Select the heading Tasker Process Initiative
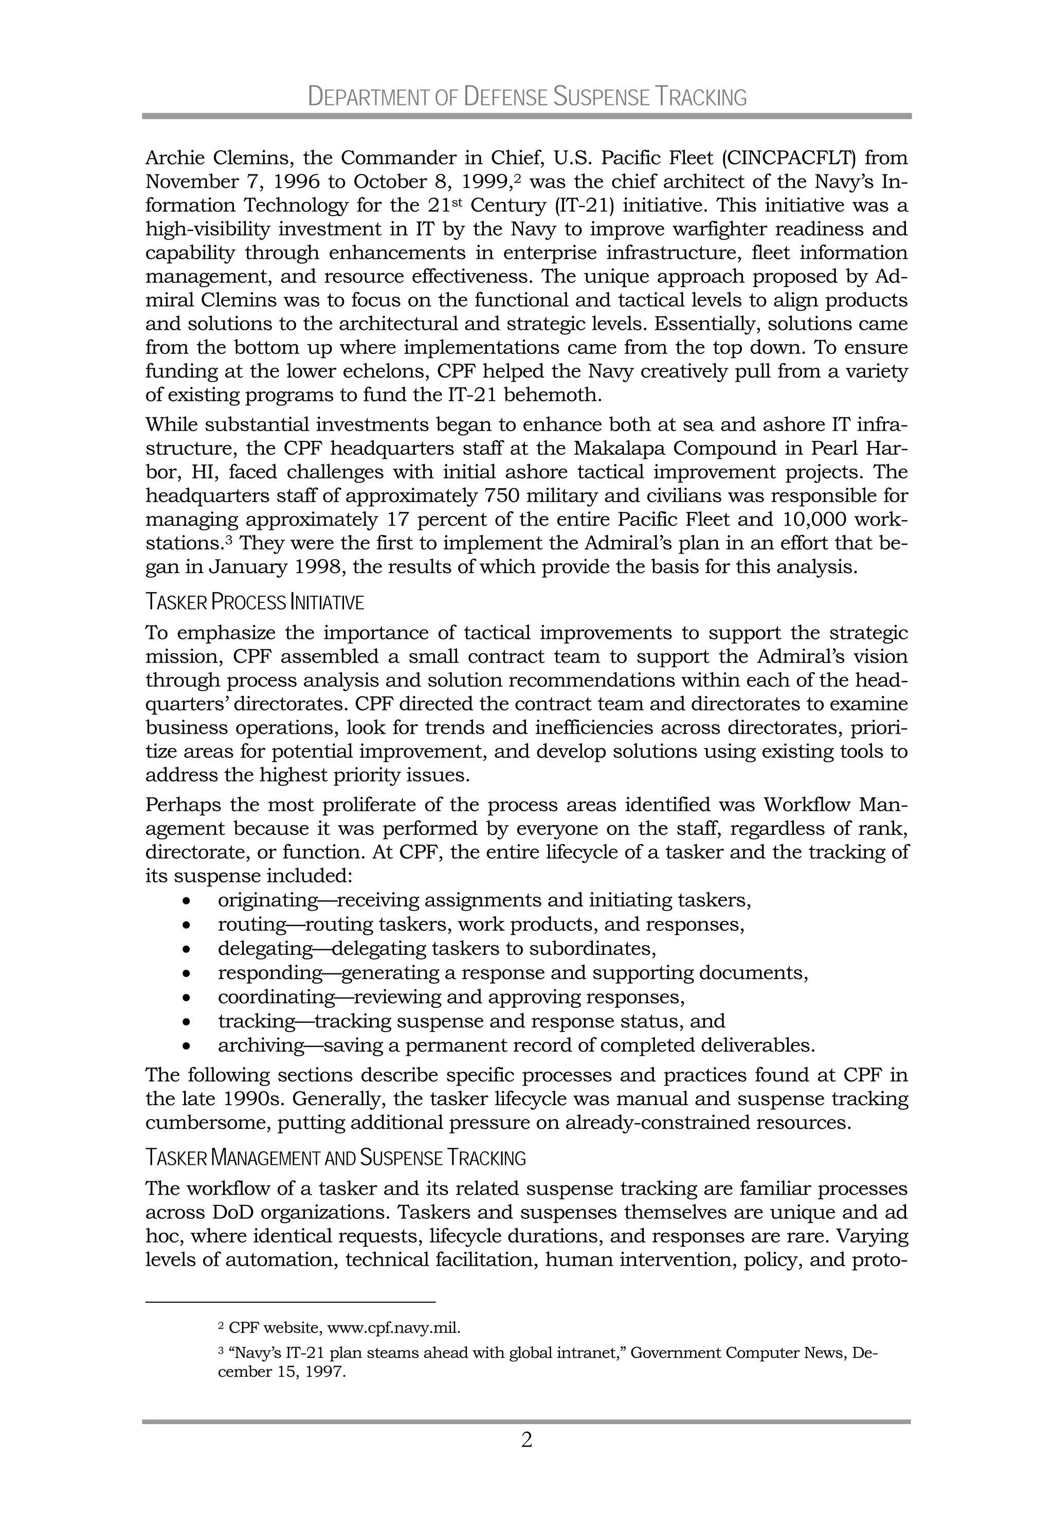254,602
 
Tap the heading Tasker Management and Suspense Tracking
335,1158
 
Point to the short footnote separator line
291,1302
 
